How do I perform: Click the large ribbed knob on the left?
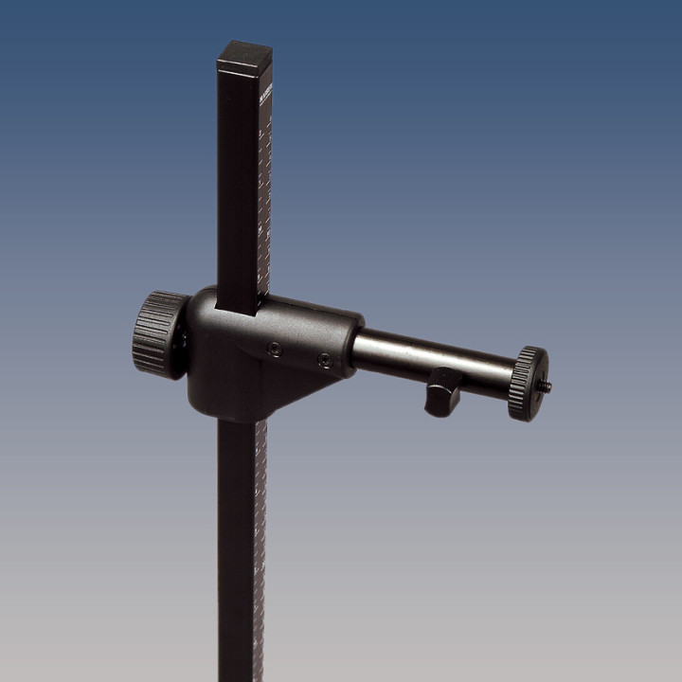[x=159, y=334]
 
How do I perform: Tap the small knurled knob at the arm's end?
[x=527, y=384]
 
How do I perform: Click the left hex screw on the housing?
[x=275, y=350]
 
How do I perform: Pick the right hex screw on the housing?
[x=324, y=360]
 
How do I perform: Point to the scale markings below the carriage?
[x=260, y=530]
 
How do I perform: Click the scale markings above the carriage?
[x=264, y=208]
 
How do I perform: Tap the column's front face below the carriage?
[x=237, y=549]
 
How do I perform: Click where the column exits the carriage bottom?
[x=239, y=422]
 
